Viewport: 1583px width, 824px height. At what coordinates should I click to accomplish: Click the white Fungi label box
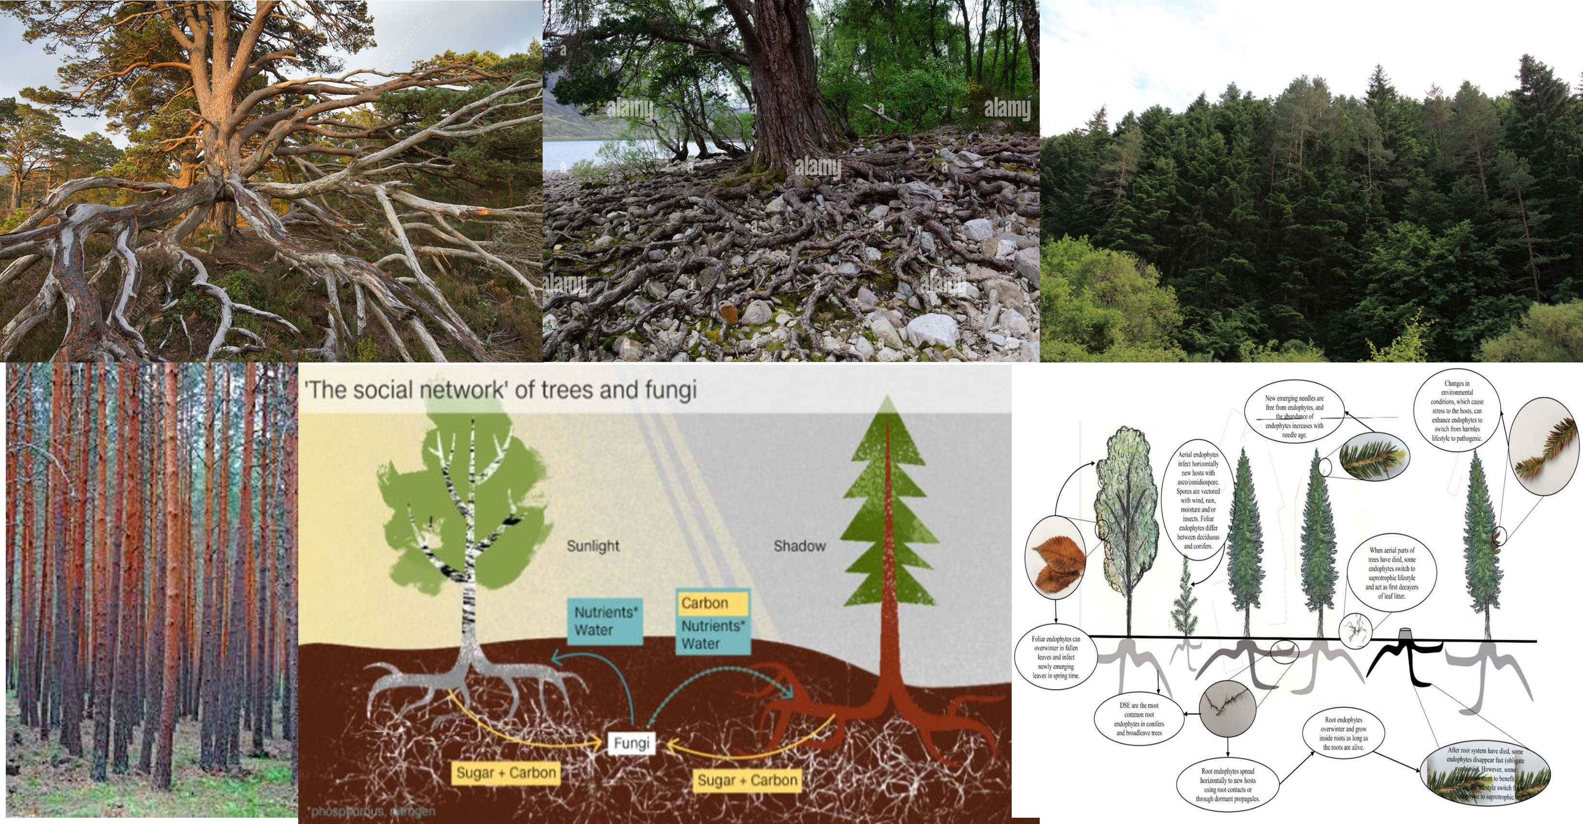coord(631,743)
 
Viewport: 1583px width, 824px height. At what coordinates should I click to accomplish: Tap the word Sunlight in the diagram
coord(593,546)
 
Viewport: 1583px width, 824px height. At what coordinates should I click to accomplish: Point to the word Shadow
coord(799,546)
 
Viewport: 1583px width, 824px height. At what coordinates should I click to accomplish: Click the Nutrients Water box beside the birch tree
coord(605,621)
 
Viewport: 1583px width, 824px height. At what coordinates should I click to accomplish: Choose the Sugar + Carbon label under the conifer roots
coord(747,781)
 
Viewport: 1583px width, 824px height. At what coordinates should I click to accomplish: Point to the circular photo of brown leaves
coord(1055,557)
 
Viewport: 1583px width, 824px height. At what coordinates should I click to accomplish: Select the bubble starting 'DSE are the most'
coord(1139,719)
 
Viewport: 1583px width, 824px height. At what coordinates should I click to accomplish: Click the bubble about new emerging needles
coord(1294,417)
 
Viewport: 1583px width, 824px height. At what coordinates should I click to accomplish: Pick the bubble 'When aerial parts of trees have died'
coord(1391,573)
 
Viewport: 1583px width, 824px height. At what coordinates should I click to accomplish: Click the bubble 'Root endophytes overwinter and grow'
coord(1343,734)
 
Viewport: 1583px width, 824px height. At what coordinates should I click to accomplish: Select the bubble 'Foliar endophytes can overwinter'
coord(1056,657)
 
